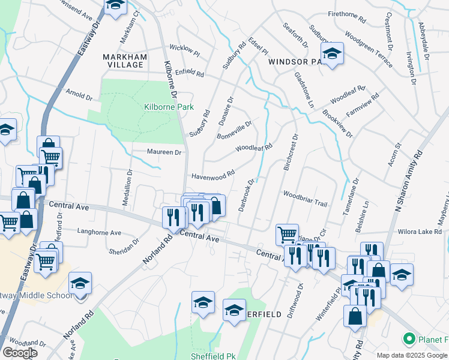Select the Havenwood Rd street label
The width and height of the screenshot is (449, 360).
pos(212,176)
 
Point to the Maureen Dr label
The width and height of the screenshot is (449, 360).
pos(164,152)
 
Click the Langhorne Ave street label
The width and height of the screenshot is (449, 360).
pos(100,233)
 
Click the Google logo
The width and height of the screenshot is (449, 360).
pos(20,353)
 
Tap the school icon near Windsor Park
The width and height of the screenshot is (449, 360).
pos(331,53)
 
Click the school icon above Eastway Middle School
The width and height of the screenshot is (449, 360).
pos(80,283)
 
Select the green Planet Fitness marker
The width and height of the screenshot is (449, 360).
pos(409,340)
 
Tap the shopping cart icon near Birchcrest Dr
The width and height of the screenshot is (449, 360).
pos(287,233)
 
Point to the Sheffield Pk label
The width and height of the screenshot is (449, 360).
pos(213,356)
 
